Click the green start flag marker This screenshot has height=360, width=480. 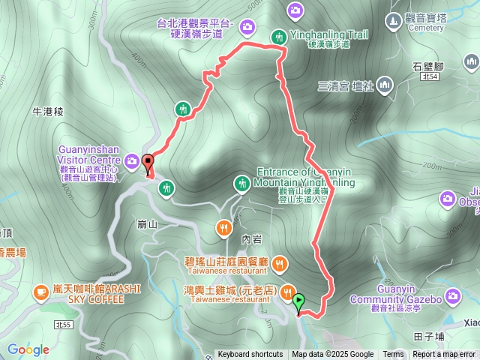299,303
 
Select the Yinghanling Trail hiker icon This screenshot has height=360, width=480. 278,36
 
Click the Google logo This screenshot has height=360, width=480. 28,349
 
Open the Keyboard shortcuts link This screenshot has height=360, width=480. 250,355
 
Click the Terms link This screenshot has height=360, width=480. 393,355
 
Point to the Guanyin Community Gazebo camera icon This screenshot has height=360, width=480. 452,296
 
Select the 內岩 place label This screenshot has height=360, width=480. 252,238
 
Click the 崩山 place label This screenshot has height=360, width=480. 148,223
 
